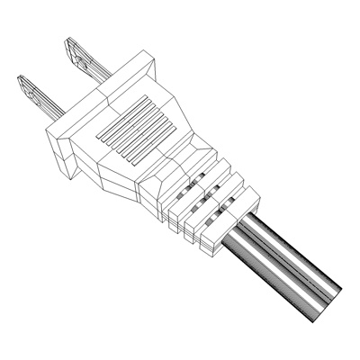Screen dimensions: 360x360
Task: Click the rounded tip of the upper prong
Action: click(x=67, y=44)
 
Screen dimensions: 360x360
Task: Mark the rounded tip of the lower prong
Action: click(x=20, y=81)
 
